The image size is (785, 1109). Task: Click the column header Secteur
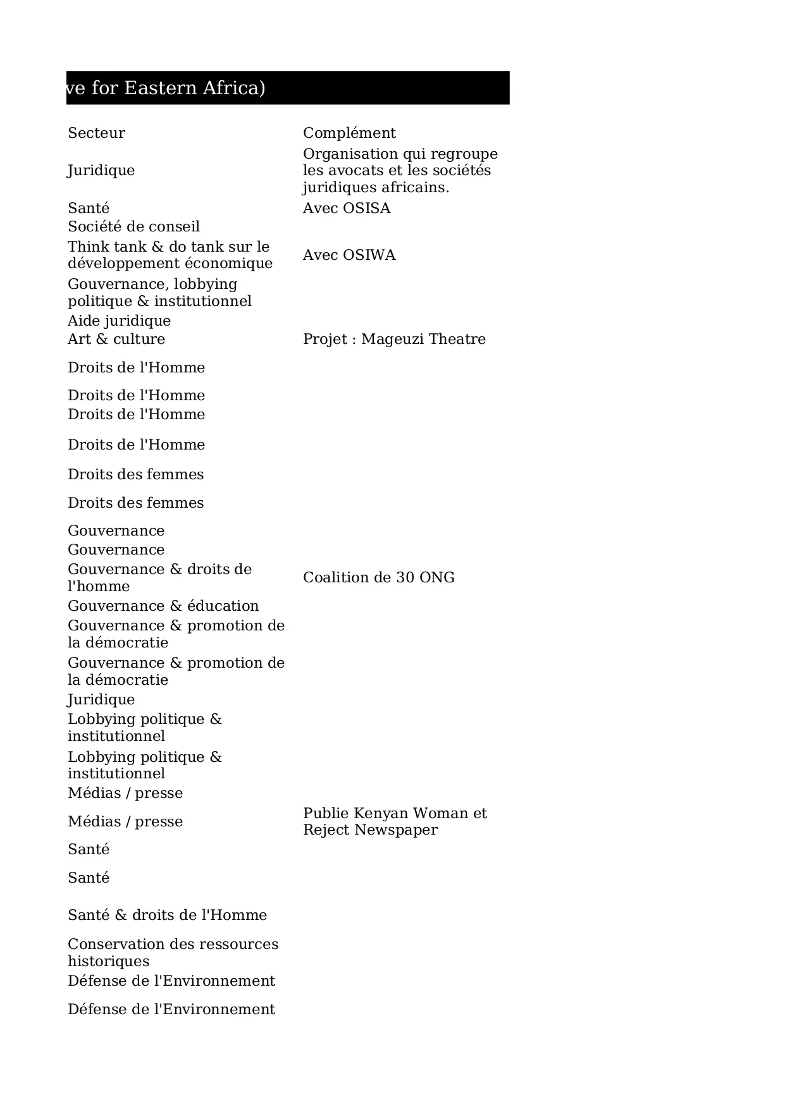point(96,133)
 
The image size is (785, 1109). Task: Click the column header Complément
point(349,133)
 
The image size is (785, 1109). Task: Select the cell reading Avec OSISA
point(347,208)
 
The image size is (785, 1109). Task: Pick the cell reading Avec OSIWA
point(349,255)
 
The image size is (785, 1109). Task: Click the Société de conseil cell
point(133,226)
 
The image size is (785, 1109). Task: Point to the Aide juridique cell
point(119,321)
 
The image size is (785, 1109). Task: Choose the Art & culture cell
point(116,339)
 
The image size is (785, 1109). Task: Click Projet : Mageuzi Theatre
point(394,339)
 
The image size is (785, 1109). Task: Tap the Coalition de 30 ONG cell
point(378,577)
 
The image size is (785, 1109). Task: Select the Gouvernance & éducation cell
point(163,606)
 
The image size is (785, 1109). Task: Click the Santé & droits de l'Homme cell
point(167,915)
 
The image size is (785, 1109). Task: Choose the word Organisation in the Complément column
point(349,154)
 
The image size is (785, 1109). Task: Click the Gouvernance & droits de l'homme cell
point(159,577)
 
